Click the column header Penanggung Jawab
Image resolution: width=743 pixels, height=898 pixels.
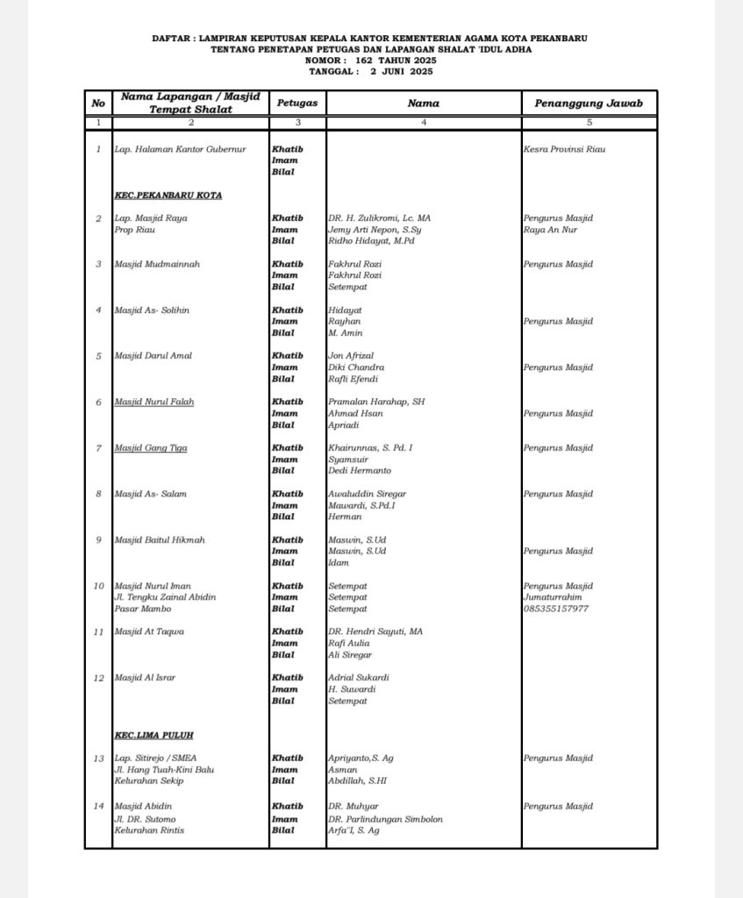point(589,103)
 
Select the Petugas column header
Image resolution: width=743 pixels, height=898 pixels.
point(297,103)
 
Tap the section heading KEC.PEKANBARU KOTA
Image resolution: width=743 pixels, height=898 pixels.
point(168,195)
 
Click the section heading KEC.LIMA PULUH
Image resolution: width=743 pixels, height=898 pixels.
point(154,735)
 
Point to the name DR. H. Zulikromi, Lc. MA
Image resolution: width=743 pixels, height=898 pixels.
point(380,217)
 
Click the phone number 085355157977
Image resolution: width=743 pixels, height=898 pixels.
point(556,609)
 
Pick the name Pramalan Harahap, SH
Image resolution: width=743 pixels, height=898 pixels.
point(376,402)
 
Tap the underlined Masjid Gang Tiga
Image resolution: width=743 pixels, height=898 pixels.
point(151,448)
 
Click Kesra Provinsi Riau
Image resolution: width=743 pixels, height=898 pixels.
point(564,149)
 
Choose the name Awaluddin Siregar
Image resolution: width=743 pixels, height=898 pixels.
point(368,494)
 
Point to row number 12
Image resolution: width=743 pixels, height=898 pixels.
point(98,677)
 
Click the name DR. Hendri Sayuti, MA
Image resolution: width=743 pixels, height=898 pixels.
point(375,631)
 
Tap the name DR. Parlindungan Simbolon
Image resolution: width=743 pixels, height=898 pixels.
point(385,819)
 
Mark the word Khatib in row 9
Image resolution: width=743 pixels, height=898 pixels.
point(288,540)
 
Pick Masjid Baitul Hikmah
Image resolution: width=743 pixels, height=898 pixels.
point(160,540)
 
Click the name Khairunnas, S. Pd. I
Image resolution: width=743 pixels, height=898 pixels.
point(370,448)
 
